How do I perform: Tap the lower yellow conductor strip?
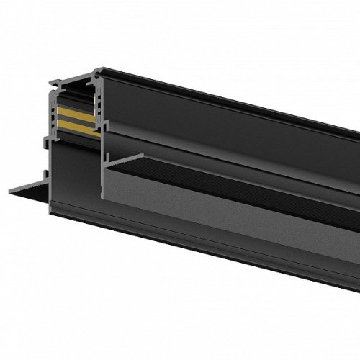[76, 125]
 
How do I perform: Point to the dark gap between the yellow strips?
[75, 120]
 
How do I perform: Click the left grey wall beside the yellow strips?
[55, 119]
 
